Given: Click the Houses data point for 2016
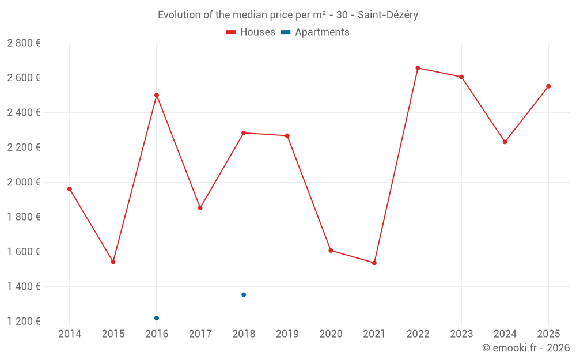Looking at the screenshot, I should coord(157,95).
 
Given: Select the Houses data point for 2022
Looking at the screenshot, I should coord(418,68).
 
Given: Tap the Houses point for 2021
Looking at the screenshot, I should coord(374,263).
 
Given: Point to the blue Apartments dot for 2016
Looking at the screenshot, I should coord(157,318).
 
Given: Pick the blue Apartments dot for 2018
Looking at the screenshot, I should coord(244,294).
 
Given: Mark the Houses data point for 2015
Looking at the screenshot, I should coord(113,262).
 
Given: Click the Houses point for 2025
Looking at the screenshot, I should coord(548,86).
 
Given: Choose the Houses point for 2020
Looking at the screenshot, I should coord(331,251).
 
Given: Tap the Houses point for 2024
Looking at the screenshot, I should coord(505,142).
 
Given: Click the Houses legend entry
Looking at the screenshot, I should coord(251,32).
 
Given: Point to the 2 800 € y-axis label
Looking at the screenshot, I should coord(24,43).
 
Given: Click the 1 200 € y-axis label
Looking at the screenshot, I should coord(24,321).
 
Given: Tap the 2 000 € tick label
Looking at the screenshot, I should coord(24,182).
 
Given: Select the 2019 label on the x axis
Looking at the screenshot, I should coord(287,334).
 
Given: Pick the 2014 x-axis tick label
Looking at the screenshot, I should coord(70,334).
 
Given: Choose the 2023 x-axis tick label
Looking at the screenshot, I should coord(461,334).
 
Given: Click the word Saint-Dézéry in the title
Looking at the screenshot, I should coord(388,14).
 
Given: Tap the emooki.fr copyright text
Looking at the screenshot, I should coord(526,348).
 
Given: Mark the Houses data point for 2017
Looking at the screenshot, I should coord(200,207).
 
